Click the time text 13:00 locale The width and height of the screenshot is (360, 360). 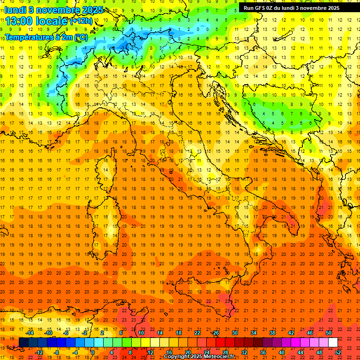37,21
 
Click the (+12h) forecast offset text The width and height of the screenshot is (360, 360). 81,21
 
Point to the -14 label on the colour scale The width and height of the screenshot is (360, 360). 30,333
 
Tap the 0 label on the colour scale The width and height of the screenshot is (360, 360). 92,352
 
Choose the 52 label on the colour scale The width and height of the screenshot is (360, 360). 338,352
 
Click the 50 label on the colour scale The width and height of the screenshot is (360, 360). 329,333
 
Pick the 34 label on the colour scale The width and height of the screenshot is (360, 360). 254,333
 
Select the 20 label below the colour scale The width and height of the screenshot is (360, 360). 187,352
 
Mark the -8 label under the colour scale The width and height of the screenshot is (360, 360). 56,352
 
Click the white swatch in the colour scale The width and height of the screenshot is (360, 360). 333,342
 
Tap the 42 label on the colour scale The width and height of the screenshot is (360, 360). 291,333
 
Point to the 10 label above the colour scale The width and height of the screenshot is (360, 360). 141,333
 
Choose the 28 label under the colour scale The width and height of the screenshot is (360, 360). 225,352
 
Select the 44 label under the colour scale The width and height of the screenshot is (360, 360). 300,352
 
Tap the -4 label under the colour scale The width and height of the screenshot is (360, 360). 75,352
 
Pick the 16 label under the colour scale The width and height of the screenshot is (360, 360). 169,352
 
